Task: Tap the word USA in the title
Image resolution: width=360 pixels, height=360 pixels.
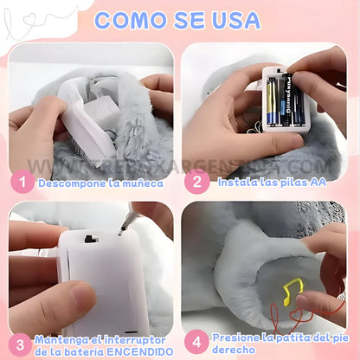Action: tap(234, 20)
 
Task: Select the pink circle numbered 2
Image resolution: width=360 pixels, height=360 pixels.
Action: tap(196, 183)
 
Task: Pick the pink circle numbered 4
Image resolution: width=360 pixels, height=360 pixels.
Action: tap(196, 342)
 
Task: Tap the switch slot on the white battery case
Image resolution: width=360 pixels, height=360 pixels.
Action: tap(91, 240)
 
